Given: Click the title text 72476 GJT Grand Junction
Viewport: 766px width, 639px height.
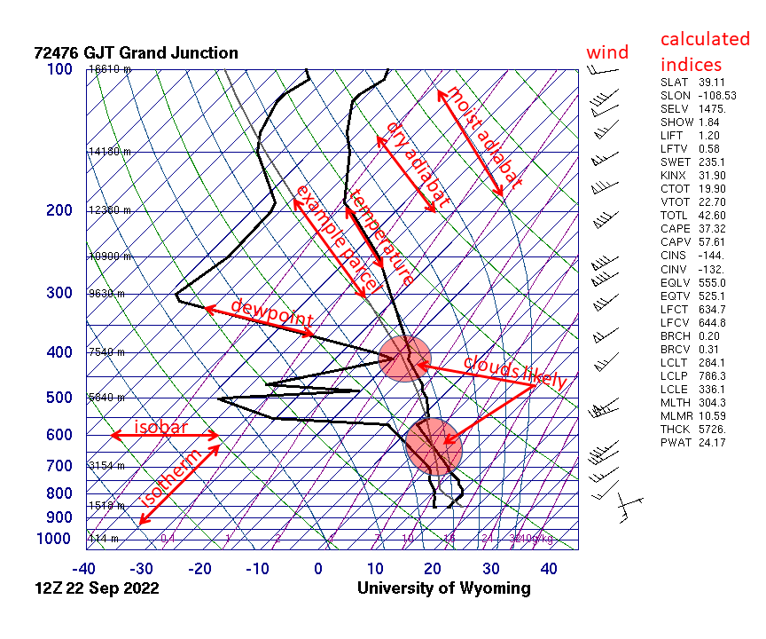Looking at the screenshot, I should [x=136, y=53].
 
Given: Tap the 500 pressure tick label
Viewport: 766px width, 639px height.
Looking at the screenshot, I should [x=59, y=398].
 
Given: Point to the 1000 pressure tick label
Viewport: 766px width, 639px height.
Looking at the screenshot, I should [x=55, y=539].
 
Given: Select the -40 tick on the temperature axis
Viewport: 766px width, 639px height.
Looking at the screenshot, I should [x=84, y=568].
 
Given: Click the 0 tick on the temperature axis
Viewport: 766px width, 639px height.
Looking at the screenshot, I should [x=319, y=568].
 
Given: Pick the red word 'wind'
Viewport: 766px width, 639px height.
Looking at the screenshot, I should [x=607, y=52].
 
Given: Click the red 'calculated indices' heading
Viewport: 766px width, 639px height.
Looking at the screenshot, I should [x=705, y=51].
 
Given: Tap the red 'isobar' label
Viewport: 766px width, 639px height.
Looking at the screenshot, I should [x=160, y=427].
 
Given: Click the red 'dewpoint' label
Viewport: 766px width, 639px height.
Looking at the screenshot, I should [x=271, y=312].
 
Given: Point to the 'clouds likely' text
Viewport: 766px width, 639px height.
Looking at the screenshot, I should [x=514, y=372].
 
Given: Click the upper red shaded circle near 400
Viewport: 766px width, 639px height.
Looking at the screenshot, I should [x=405, y=359].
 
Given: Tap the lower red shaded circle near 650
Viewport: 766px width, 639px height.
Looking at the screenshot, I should [x=434, y=446].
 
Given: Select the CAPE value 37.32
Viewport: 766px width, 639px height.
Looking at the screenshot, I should [x=712, y=228].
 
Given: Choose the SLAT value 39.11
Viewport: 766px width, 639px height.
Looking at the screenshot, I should [x=712, y=82].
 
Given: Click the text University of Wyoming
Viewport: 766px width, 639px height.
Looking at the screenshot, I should [x=443, y=588].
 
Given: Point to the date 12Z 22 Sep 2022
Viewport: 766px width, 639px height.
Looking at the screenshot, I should [x=97, y=588].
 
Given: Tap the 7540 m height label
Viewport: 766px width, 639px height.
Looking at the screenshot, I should [x=106, y=352].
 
